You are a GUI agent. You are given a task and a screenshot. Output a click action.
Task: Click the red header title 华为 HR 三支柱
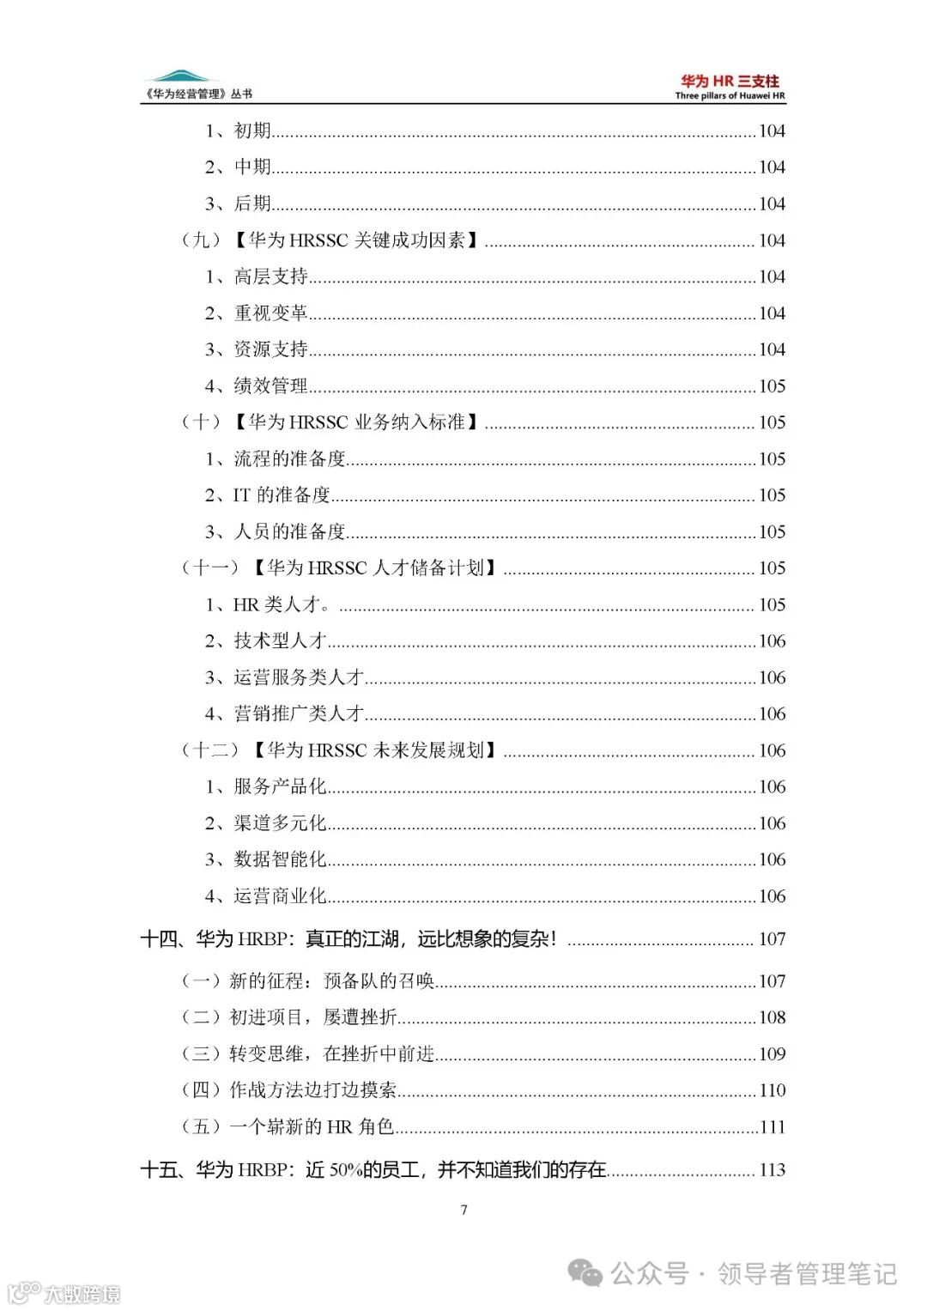pos(730,82)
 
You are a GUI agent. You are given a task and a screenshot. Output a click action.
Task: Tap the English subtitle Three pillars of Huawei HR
pos(730,96)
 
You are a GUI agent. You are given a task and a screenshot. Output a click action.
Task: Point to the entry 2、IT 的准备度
pos(267,495)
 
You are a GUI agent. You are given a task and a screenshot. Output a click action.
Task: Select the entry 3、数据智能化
pos(265,859)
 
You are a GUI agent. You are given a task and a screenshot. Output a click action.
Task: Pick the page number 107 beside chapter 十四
pos(772,939)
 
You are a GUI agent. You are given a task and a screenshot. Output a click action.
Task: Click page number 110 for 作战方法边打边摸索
pos(772,1090)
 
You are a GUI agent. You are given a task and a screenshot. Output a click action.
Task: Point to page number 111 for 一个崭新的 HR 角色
pos(772,1127)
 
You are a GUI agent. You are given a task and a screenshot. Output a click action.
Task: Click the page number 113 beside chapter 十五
pos(772,1169)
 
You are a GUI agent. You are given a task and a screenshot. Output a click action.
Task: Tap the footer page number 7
pos(464,1210)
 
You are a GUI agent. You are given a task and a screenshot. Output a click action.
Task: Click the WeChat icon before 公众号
pos(587,1273)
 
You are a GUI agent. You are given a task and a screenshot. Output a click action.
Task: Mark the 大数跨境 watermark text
pos(82,1293)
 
